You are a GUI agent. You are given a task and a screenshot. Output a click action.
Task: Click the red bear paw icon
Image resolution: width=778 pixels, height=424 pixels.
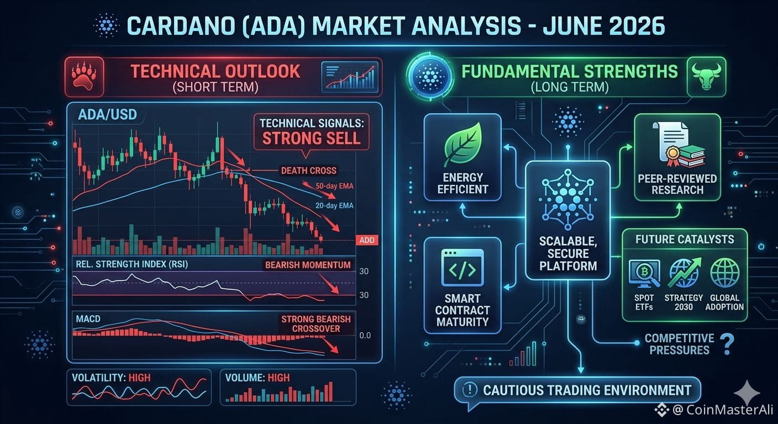(83, 77)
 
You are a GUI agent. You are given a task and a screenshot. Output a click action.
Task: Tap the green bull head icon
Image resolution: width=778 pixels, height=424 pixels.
(707, 76)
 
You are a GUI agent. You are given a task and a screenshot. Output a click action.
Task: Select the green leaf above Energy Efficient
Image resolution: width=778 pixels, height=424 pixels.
(463, 144)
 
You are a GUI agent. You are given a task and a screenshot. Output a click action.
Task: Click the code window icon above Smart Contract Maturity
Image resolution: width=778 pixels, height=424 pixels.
(462, 268)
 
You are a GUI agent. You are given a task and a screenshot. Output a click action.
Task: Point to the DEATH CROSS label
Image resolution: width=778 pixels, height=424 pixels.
(308, 171)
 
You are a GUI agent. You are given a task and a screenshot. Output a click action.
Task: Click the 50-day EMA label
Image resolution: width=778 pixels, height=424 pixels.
(334, 186)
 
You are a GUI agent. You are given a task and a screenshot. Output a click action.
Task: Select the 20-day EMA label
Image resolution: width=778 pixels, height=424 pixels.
(334, 206)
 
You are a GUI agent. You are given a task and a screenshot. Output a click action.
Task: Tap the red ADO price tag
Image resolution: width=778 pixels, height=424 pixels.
(367, 240)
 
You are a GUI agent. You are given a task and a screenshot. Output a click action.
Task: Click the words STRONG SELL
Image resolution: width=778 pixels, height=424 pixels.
(311, 138)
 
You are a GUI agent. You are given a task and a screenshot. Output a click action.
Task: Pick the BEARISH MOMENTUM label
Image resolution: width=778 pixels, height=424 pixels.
(308, 265)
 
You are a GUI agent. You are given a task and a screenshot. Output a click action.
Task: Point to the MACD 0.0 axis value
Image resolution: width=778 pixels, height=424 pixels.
(365, 336)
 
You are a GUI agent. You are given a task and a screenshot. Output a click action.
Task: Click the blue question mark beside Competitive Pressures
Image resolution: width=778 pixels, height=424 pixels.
(727, 344)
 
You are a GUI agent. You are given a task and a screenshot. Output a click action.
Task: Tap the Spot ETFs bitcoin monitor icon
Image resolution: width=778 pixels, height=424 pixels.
(644, 274)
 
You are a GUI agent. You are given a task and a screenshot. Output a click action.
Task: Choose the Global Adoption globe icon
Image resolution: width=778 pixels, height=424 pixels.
(724, 273)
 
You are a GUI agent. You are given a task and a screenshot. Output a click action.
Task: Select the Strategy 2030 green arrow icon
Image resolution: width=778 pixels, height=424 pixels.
(684, 273)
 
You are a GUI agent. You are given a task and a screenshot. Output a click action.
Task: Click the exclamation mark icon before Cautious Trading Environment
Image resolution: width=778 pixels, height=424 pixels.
(470, 389)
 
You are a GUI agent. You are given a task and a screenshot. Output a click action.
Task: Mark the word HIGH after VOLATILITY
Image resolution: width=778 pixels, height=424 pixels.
(139, 378)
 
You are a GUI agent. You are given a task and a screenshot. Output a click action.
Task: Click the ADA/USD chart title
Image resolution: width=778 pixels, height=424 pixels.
(107, 115)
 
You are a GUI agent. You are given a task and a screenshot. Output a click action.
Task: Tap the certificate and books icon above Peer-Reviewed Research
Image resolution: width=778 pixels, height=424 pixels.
(679, 145)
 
